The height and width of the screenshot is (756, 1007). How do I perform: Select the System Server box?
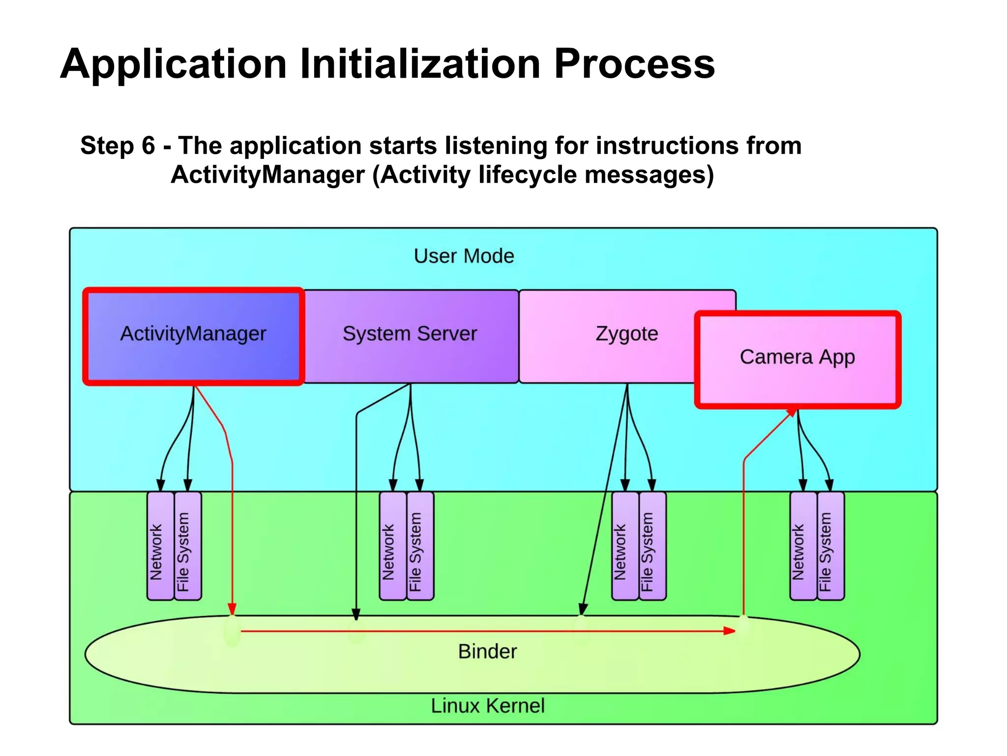410,335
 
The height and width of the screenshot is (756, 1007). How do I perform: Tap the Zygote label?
626,334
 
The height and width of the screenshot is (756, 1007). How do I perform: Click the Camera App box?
797,358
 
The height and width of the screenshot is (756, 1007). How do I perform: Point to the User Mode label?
464,256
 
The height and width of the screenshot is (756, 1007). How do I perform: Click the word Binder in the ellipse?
487,652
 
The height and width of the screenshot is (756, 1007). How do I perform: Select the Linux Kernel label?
488,706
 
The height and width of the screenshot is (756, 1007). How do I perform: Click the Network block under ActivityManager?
160,546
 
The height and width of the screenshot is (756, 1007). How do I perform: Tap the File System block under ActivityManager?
187,546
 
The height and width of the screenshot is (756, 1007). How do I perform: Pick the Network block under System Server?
392,546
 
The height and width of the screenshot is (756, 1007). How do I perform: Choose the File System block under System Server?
420,546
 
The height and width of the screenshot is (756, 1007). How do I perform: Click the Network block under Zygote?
624,546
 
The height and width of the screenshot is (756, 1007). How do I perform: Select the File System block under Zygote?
652,546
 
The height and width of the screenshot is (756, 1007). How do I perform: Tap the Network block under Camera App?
802,546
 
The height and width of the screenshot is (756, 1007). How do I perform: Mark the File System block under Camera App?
830,546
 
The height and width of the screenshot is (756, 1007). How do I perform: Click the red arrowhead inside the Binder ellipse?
729,631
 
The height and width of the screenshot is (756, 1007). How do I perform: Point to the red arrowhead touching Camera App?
791,412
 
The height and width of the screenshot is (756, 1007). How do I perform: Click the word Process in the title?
634,64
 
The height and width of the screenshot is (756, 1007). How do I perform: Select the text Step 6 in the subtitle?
118,146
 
